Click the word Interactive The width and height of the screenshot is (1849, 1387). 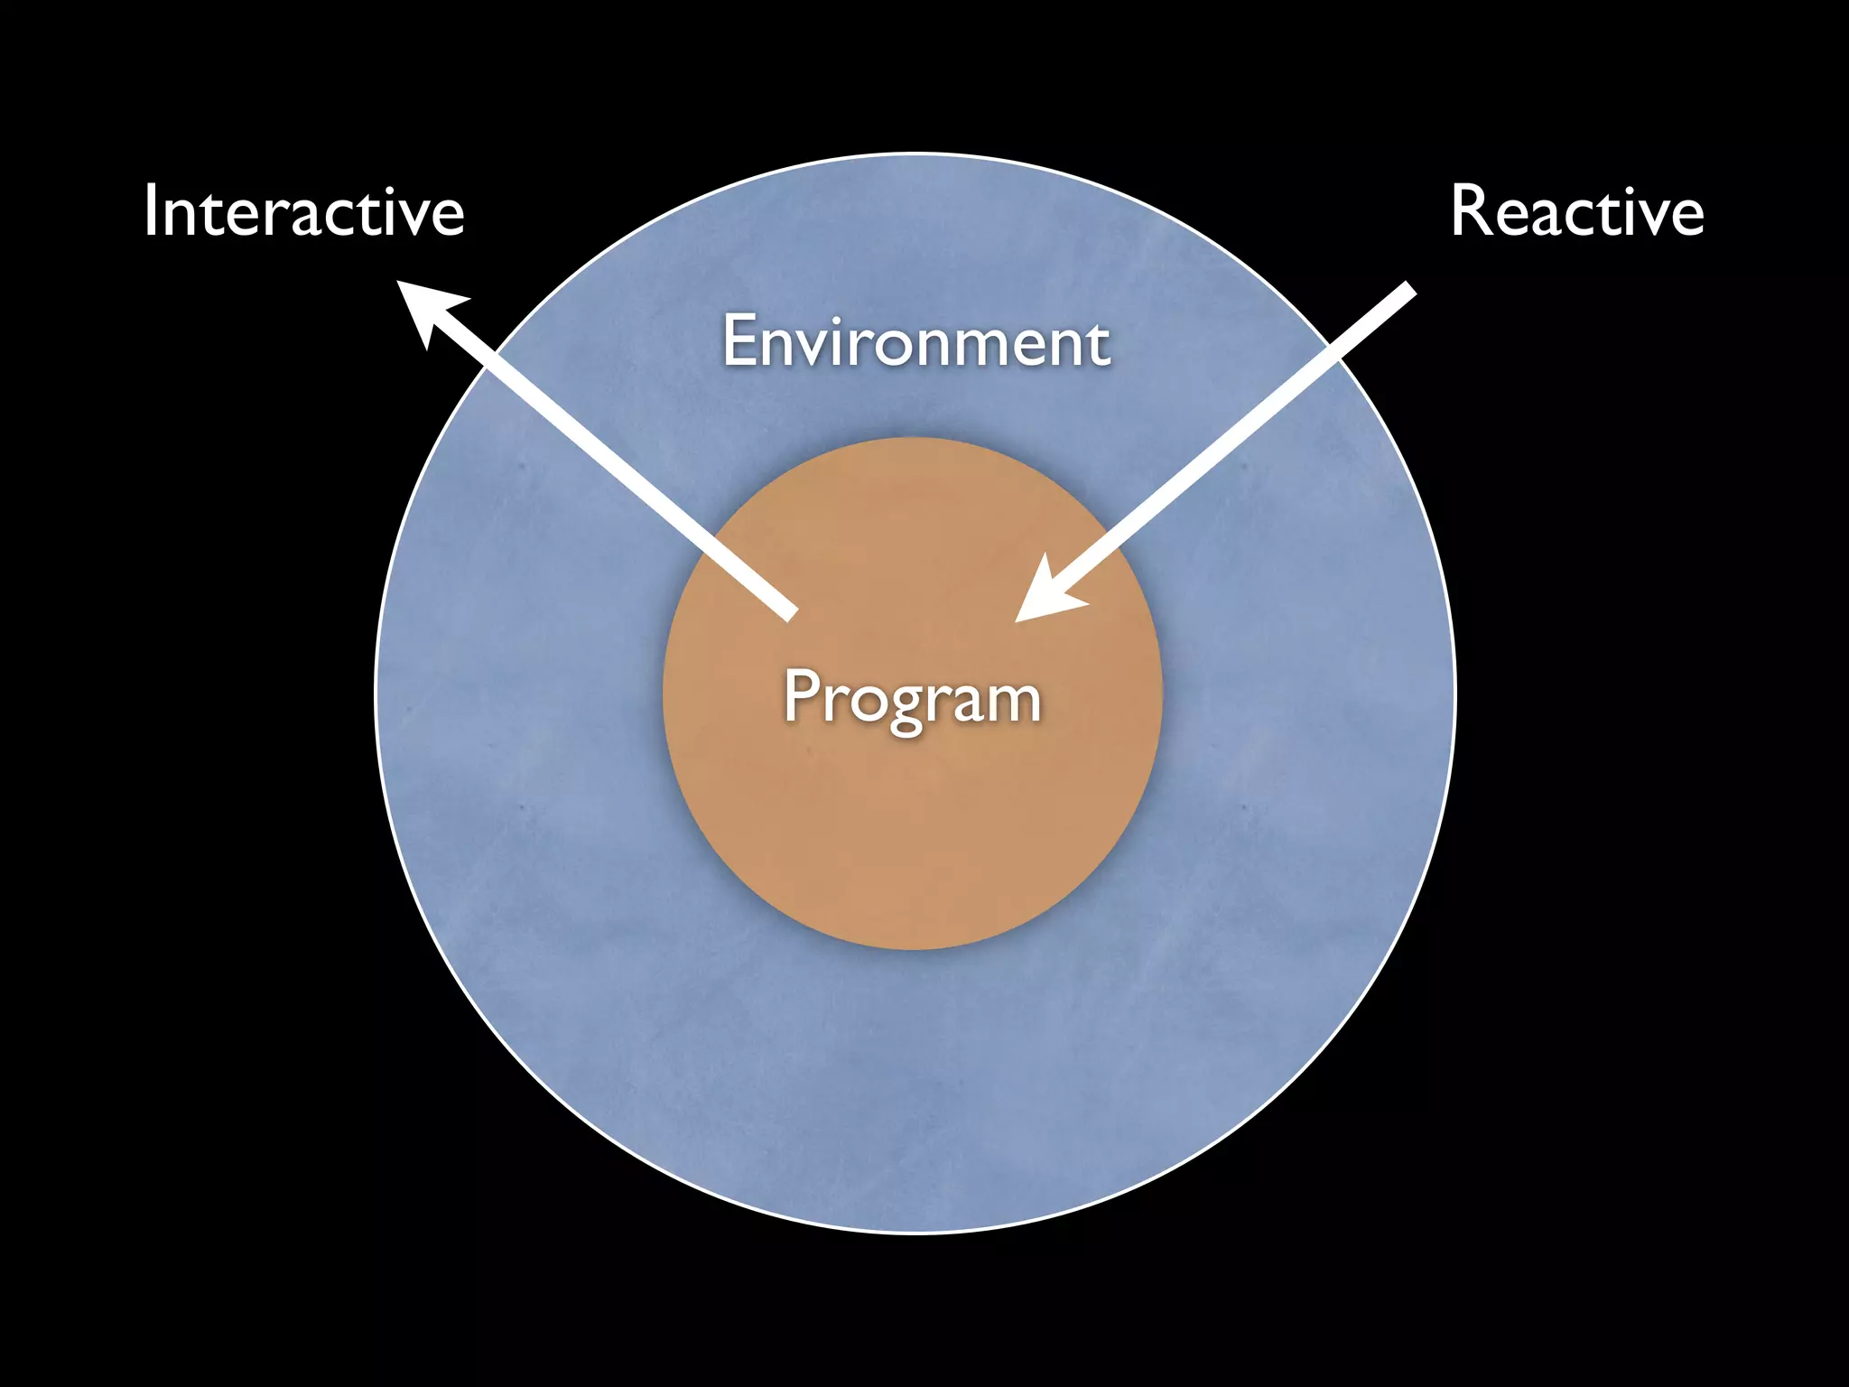303,211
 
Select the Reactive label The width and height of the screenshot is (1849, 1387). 1576,211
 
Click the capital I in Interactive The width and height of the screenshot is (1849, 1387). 151,211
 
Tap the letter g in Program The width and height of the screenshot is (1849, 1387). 906,708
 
